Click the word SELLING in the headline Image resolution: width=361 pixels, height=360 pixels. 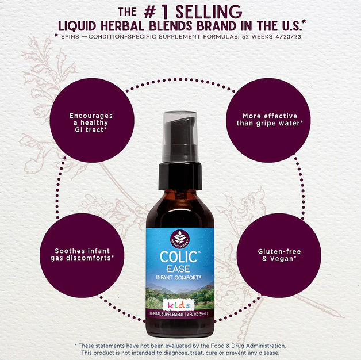[x=209, y=12]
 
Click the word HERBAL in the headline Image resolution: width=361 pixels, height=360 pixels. [x=122, y=26]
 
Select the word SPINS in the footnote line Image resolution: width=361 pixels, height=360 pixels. [x=70, y=37]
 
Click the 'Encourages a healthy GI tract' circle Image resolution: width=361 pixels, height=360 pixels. [x=92, y=120]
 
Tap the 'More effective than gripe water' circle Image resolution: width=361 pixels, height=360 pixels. [x=268, y=120]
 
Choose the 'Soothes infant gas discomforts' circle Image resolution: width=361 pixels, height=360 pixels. [x=82, y=255]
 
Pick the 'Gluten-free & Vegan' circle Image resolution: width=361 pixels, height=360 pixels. [x=279, y=255]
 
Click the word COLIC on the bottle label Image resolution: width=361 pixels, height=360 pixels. [x=179, y=257]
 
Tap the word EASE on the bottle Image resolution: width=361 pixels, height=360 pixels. [x=178, y=269]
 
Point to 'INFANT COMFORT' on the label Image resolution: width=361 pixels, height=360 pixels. [x=178, y=278]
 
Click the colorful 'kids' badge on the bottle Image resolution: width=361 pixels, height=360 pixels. [x=179, y=305]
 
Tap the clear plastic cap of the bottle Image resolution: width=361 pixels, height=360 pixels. [x=180, y=136]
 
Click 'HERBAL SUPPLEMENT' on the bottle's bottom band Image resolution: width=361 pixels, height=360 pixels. [x=167, y=314]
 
